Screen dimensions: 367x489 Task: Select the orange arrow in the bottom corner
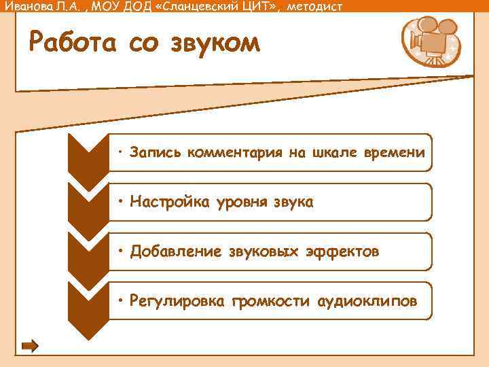click(x=30, y=346)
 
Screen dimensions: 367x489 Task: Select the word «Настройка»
click(x=166, y=202)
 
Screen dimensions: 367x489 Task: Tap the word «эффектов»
click(x=342, y=252)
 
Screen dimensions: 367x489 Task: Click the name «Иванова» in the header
click(x=26, y=7)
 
